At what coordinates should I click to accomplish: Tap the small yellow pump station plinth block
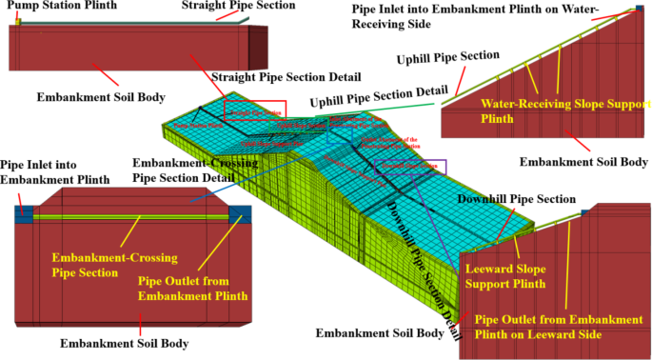click(x=17, y=23)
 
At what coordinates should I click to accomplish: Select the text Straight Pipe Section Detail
click(x=286, y=76)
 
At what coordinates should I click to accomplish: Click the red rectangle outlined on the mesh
click(x=255, y=110)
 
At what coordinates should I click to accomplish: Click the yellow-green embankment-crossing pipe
click(x=133, y=217)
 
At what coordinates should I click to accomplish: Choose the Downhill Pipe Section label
click(x=517, y=199)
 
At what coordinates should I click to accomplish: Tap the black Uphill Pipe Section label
click(x=447, y=58)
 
